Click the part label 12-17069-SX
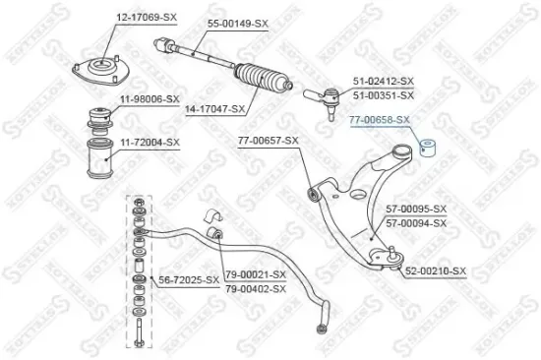[149, 19]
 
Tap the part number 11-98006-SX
[150, 99]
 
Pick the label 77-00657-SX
[268, 142]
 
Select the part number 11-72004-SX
[150, 143]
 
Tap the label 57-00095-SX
[416, 209]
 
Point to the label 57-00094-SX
[416, 222]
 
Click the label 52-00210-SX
[436, 270]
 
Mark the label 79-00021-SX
[255, 274]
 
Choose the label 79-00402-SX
[255, 288]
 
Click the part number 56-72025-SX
[190, 280]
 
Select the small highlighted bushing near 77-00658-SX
[429, 150]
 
